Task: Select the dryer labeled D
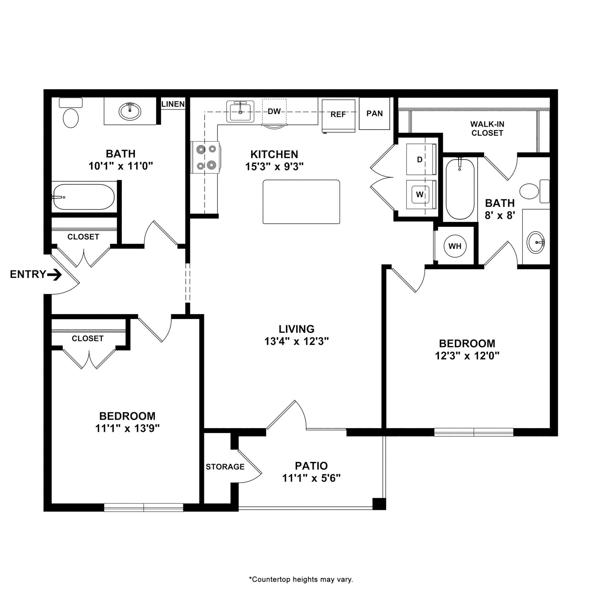[x=421, y=159]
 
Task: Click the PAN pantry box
[x=374, y=113]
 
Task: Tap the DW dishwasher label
[x=274, y=111]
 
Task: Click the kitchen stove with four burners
[x=206, y=157]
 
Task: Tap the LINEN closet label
[x=173, y=104]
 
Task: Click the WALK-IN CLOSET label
[x=487, y=129]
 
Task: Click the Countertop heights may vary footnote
[x=301, y=580]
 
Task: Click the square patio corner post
[x=379, y=504]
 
